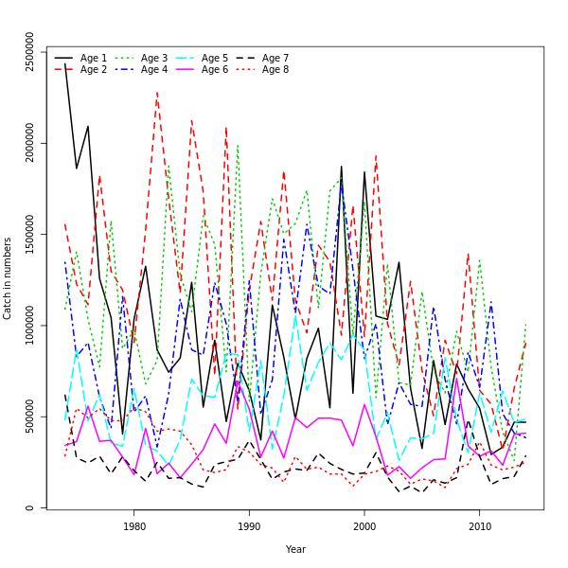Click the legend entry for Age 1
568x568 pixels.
94,58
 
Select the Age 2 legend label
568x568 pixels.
94,69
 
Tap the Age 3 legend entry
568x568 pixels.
154,58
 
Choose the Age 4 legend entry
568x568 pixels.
154,69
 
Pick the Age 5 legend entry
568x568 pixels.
215,58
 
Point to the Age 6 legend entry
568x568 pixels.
215,69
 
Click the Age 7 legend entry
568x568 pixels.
275,58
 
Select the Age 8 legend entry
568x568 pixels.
275,69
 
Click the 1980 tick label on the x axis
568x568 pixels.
134,526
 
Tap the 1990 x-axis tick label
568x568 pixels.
250,526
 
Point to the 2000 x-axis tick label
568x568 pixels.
364,526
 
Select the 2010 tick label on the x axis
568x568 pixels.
480,526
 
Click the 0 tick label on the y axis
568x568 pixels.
30,507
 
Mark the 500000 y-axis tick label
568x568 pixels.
30,417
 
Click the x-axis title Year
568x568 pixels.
295,549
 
